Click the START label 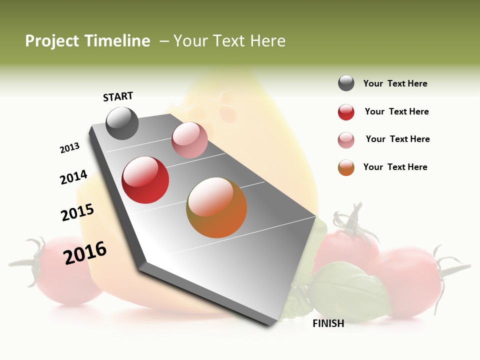pyautogui.click(x=118, y=96)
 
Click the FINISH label pyautogui.click(x=328, y=323)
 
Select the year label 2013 pyautogui.click(x=69, y=148)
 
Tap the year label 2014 pyautogui.click(x=73, y=177)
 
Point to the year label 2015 pyautogui.click(x=77, y=212)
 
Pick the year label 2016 pyautogui.click(x=85, y=252)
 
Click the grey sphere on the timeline pyautogui.click(x=122, y=123)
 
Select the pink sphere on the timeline pyautogui.click(x=189, y=139)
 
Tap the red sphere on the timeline pyautogui.click(x=145, y=180)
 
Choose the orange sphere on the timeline pyautogui.click(x=216, y=207)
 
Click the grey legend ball pyautogui.click(x=346, y=83)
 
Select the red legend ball pyautogui.click(x=346, y=112)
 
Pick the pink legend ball pyautogui.click(x=346, y=139)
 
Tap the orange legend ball pyautogui.click(x=346, y=167)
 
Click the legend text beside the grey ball pyautogui.click(x=395, y=84)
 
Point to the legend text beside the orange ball pyautogui.click(x=395, y=167)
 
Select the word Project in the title pyautogui.click(x=51, y=41)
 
